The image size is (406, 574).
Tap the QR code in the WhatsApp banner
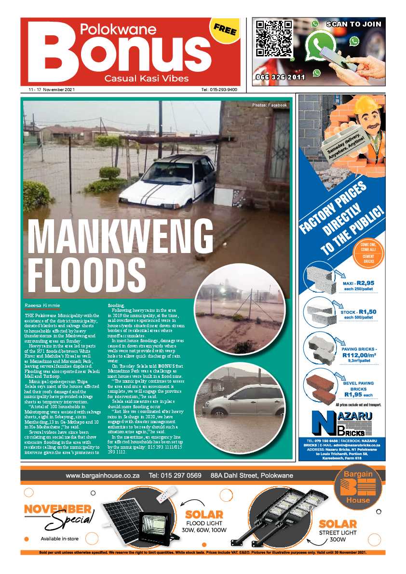pos(274,39)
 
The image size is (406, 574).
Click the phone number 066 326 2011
pos(280,77)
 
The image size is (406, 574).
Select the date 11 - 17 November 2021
pos(48,90)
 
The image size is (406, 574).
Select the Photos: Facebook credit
pos(269,105)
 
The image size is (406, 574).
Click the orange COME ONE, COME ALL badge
pos(368,254)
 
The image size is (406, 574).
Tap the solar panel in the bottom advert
pos(118,516)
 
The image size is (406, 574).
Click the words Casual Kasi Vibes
pos(147,79)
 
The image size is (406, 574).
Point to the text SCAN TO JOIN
pos(353,24)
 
